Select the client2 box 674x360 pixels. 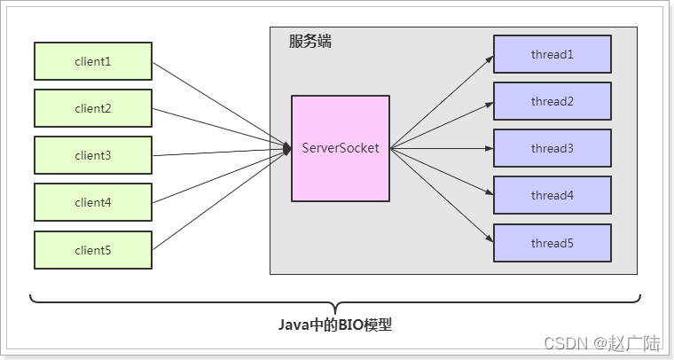[93, 108]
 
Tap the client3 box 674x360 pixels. [93, 155]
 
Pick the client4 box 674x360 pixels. [93, 202]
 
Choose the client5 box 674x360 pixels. [93, 250]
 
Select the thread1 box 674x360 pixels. [553, 54]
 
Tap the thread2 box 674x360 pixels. [553, 101]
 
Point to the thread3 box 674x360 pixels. [553, 148]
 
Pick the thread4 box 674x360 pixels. [553, 195]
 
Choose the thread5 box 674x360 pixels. [553, 243]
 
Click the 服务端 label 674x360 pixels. [310, 41]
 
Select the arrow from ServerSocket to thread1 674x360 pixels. [442, 101]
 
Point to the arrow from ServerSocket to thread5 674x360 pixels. [442, 195]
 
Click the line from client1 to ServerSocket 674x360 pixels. [222, 105]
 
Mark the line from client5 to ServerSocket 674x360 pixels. [222, 200]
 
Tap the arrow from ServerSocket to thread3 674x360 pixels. [442, 148]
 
